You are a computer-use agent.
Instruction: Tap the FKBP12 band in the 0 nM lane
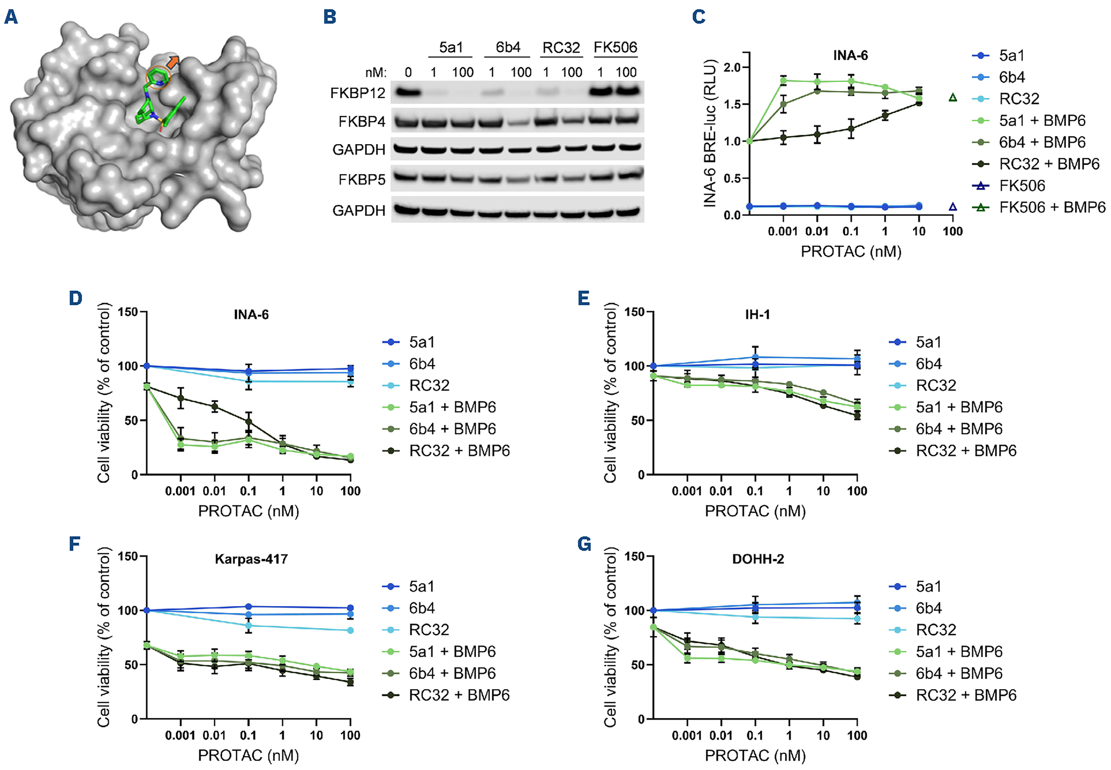pyautogui.click(x=409, y=91)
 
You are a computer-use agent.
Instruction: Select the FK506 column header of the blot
pyautogui.click(x=615, y=47)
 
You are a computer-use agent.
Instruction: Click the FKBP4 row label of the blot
pyautogui.click(x=362, y=122)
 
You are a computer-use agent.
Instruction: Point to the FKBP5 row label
pyautogui.click(x=362, y=180)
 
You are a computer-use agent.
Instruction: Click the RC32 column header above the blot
pyautogui.click(x=561, y=47)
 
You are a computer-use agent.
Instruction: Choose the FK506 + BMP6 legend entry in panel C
pyautogui.click(x=1052, y=207)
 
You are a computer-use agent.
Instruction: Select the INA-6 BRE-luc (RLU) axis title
pyautogui.click(x=710, y=133)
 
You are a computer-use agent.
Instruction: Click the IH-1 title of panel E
pyautogui.click(x=758, y=314)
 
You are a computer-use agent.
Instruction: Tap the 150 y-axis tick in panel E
pyautogui.click(x=634, y=312)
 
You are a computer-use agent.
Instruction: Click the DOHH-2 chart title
pyautogui.click(x=758, y=559)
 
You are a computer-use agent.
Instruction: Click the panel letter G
pyautogui.click(x=584, y=545)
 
